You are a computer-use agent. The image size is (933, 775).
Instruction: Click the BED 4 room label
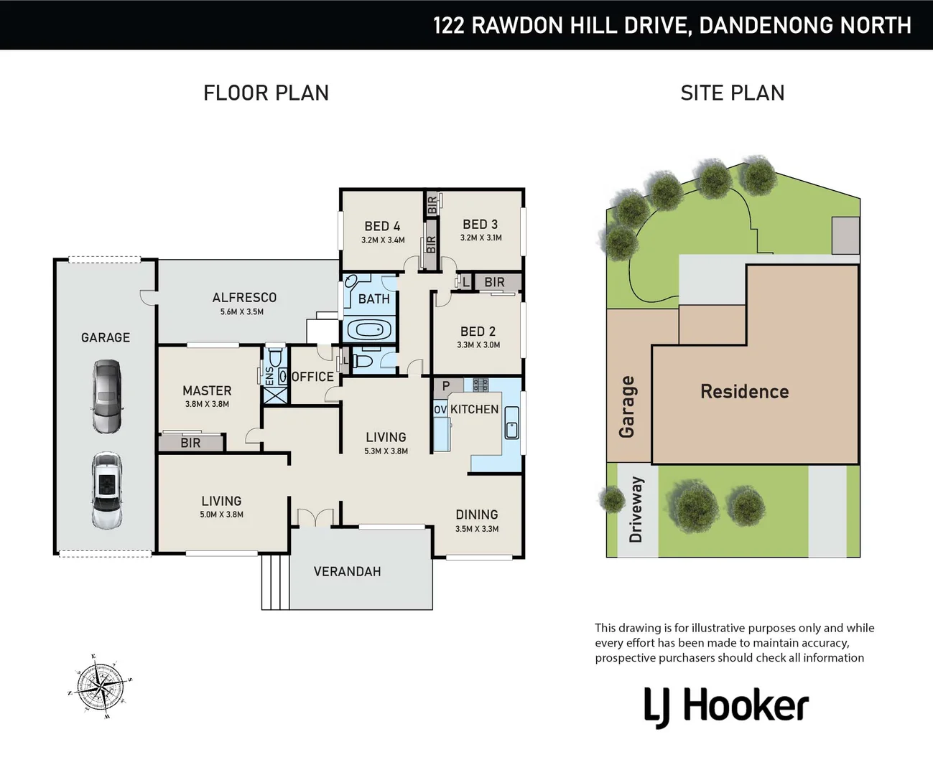pyautogui.click(x=382, y=226)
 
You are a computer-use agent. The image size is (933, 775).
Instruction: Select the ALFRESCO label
pyautogui.click(x=244, y=297)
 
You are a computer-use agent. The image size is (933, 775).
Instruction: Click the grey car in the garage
pyautogui.click(x=106, y=396)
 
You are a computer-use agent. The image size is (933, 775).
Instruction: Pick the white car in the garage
pyautogui.click(x=106, y=491)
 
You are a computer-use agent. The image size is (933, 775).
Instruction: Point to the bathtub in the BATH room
pyautogui.click(x=370, y=331)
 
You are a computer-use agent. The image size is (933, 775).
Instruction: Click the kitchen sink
pyautogui.click(x=511, y=423)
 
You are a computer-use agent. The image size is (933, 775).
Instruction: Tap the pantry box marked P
pyautogui.click(x=446, y=386)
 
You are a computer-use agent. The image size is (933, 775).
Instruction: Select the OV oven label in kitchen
pyautogui.click(x=440, y=409)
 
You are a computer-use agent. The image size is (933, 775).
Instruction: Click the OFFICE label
pyautogui.click(x=312, y=377)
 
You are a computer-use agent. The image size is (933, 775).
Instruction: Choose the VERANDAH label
pyautogui.click(x=347, y=571)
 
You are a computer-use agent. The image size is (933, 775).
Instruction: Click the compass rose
pyautogui.click(x=100, y=686)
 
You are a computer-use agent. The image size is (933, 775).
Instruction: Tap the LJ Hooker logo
pyautogui.click(x=726, y=706)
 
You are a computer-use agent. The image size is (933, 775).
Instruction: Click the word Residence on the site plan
pyautogui.click(x=744, y=391)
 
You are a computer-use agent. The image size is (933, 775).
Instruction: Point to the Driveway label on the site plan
pyautogui.click(x=636, y=509)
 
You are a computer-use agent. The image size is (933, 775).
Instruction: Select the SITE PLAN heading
pyautogui.click(x=732, y=93)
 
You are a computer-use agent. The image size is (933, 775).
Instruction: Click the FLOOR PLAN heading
pyautogui.click(x=266, y=93)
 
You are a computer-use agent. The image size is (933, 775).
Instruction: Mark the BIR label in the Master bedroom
pyautogui.click(x=190, y=443)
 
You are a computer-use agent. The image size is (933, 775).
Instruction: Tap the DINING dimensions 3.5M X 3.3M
pyautogui.click(x=476, y=529)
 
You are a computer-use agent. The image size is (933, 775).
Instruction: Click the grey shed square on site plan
pyautogui.click(x=845, y=235)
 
